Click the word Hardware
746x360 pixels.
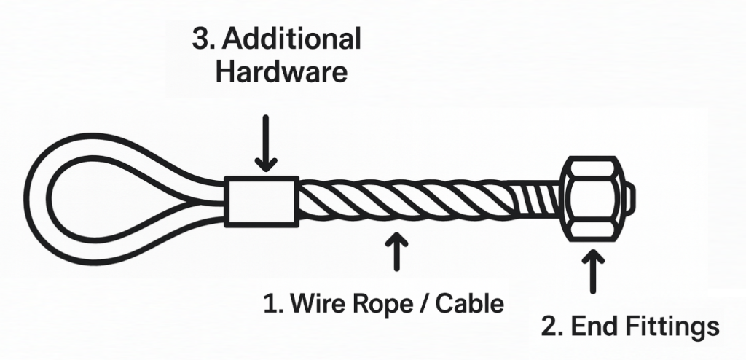point(281,74)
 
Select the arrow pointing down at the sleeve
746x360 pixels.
point(266,143)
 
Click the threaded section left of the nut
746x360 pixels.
point(543,199)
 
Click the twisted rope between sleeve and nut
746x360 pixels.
point(408,200)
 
